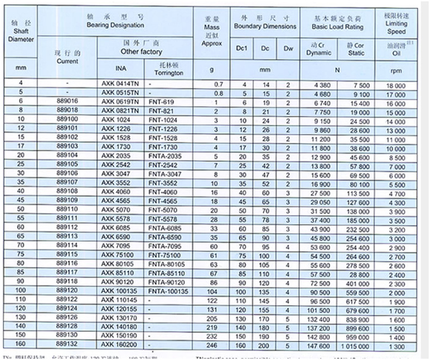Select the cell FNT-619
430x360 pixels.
(x=161, y=102)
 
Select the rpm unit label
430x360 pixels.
(x=396, y=70)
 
